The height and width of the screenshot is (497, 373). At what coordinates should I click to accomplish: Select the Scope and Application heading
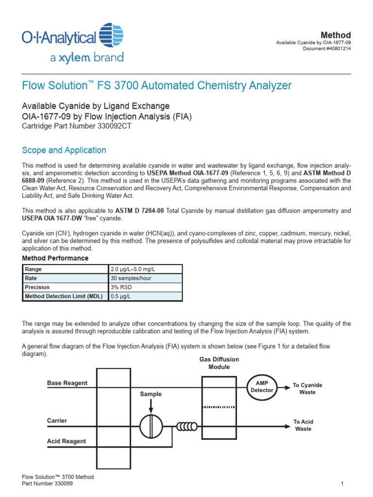(x=64, y=150)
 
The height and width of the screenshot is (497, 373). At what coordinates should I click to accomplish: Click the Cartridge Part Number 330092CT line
(x=77, y=126)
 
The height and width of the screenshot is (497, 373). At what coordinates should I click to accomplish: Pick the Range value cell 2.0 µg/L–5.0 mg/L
(x=132, y=269)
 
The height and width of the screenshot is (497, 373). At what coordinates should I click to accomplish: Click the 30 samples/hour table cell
(x=129, y=278)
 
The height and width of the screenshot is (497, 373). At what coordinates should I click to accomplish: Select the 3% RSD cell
(x=121, y=287)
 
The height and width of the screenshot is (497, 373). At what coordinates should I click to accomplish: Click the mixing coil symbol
(x=187, y=427)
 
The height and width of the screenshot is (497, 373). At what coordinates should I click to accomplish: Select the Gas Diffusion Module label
(x=219, y=363)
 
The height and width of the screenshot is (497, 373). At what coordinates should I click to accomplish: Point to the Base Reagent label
(x=67, y=383)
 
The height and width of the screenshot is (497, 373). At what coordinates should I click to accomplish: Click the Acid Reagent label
(x=67, y=441)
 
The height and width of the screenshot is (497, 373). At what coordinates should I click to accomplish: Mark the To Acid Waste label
(x=304, y=426)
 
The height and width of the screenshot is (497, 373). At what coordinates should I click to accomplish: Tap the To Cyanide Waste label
(x=307, y=389)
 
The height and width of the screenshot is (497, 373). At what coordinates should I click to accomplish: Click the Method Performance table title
(x=55, y=258)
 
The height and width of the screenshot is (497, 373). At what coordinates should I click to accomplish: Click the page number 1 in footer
(x=342, y=484)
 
